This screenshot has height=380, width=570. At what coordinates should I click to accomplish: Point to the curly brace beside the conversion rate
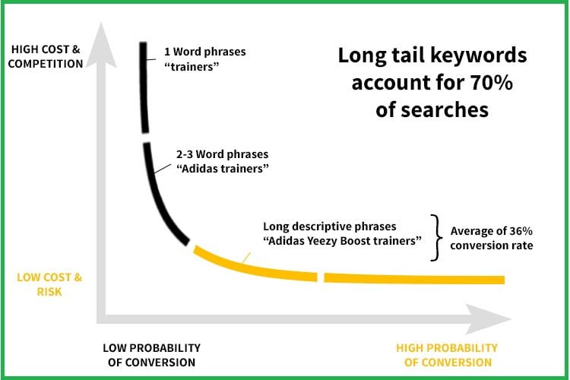(x=436, y=237)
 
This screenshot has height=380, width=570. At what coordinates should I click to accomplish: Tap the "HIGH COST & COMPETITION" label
(x=46, y=57)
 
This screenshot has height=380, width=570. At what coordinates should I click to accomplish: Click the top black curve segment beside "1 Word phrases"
(x=143, y=87)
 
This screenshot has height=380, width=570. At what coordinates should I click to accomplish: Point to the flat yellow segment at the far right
(x=414, y=279)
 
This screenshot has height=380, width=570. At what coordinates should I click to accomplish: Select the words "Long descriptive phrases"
(x=329, y=226)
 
